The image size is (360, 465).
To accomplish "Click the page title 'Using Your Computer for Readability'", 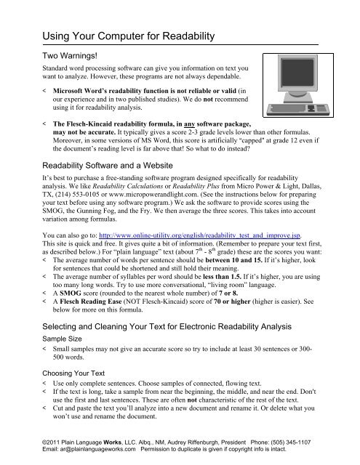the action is (x=128, y=36).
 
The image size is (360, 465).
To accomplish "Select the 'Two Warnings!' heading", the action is (x=70, y=56).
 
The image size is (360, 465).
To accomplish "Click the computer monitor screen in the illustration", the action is (x=297, y=72).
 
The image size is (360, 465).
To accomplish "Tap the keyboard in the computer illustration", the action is (x=297, y=109).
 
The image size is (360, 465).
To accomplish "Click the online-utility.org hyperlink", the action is (x=199, y=235).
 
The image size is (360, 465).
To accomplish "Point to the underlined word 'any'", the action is (x=189, y=124).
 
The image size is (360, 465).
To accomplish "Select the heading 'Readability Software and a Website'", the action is (x=108, y=166).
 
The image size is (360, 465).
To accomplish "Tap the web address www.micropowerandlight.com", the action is (x=153, y=195).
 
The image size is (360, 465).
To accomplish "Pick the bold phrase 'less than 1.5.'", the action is (x=222, y=277).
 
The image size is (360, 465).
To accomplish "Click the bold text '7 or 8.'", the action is (x=228, y=294).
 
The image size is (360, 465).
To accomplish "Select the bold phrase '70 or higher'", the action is (x=232, y=302).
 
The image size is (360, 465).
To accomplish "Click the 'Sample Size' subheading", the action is (x=62, y=339).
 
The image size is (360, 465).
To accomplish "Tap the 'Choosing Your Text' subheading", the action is (x=73, y=373).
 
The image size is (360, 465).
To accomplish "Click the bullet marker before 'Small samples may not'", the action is (x=44, y=349).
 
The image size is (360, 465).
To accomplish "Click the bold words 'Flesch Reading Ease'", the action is (x=91, y=302).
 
